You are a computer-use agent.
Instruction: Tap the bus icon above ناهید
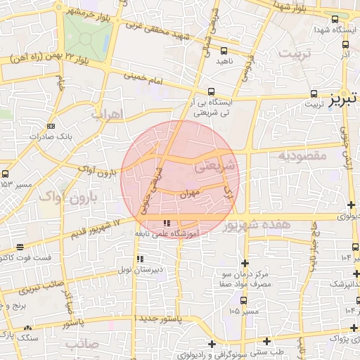point(224,51)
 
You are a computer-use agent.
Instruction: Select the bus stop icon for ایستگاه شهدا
point(334,20)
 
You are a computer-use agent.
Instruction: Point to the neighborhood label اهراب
point(108,113)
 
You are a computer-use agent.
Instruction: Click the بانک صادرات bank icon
point(50,127)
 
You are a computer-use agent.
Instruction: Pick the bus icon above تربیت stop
point(314,93)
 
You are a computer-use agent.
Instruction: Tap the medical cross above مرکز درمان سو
point(244,262)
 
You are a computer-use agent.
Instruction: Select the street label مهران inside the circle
point(190,193)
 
